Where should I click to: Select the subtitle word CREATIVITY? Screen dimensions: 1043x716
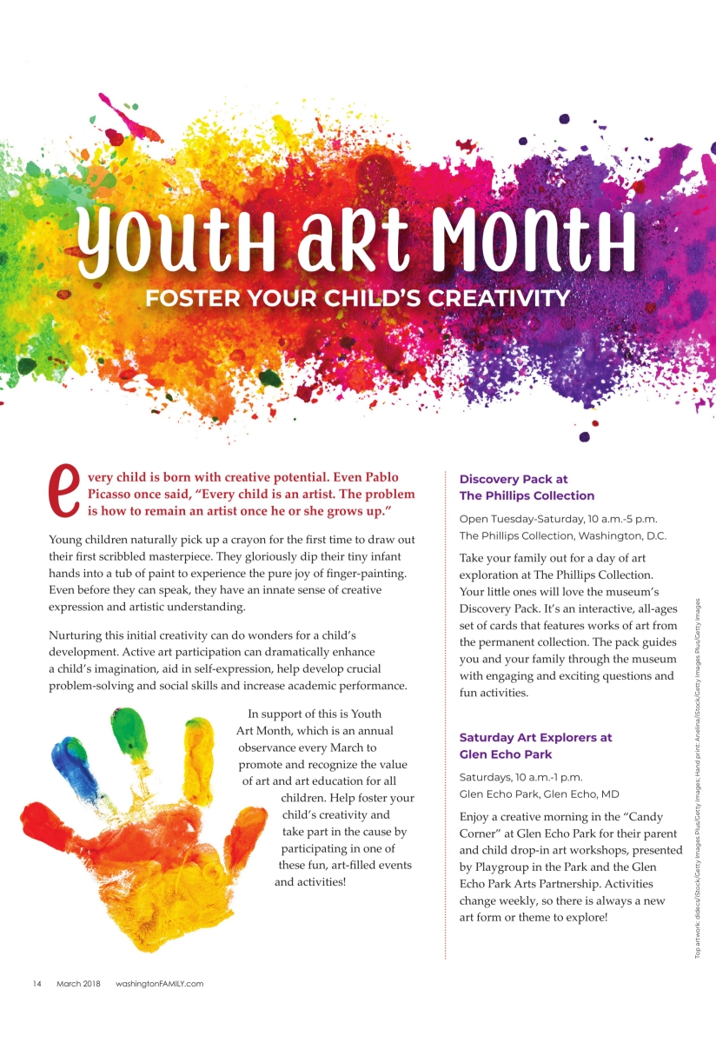[495, 299]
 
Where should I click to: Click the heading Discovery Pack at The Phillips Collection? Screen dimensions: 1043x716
[527, 487]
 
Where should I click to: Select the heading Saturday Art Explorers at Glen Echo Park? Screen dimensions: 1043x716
[535, 746]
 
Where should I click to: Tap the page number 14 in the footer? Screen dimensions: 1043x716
[37, 984]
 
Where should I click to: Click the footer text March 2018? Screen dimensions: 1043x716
[79, 984]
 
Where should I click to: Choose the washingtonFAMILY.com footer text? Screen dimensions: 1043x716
[159, 984]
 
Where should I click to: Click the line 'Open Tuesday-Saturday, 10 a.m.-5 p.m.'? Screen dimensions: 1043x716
[558, 519]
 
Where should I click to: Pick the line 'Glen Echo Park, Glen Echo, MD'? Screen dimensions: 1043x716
[539, 794]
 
